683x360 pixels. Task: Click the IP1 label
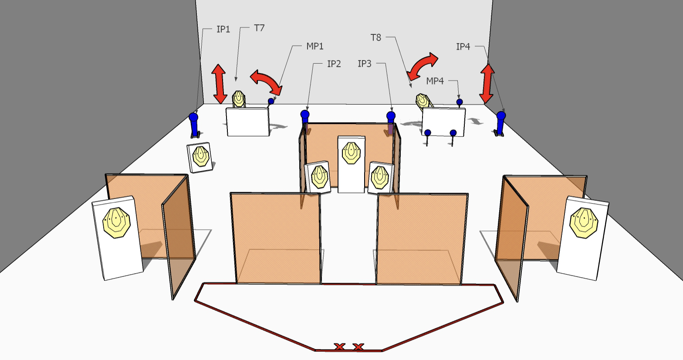click(223, 29)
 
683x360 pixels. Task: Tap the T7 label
click(259, 28)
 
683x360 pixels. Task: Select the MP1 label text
click(315, 46)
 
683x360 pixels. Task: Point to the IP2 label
click(334, 64)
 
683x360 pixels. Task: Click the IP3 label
click(365, 64)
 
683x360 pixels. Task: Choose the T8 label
click(376, 37)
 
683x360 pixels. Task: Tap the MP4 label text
click(435, 81)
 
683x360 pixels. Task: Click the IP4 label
click(463, 46)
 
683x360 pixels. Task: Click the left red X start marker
click(339, 346)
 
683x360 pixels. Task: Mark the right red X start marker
click(358, 347)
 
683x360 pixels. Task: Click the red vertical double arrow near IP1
click(219, 83)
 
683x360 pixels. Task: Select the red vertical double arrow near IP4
click(487, 84)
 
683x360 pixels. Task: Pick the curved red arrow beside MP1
click(266, 82)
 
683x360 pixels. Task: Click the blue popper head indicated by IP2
click(305, 115)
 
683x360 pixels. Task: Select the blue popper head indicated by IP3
click(391, 116)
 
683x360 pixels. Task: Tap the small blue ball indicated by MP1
click(271, 101)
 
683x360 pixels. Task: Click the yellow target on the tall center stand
click(351, 153)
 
